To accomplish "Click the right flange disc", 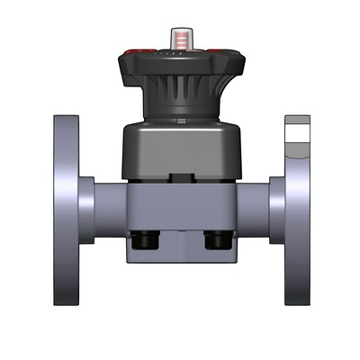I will pos(296,225).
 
